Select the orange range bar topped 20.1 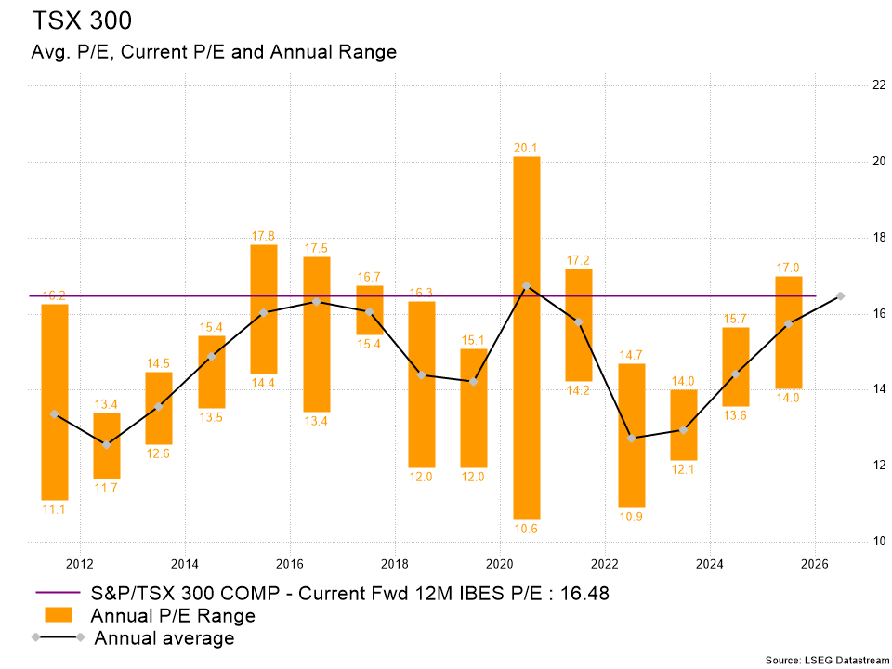click(x=527, y=338)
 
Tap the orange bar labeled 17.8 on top click(x=264, y=308)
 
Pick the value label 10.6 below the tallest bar click(x=526, y=529)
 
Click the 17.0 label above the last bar click(x=788, y=268)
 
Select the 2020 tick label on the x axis click(x=500, y=563)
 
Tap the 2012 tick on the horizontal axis click(x=80, y=563)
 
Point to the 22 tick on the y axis click(x=852, y=85)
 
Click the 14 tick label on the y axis click(x=852, y=389)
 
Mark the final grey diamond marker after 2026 click(x=840, y=295)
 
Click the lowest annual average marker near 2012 click(x=107, y=445)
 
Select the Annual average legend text click(x=164, y=638)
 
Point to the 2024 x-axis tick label click(x=710, y=563)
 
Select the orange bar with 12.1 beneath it click(x=684, y=425)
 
